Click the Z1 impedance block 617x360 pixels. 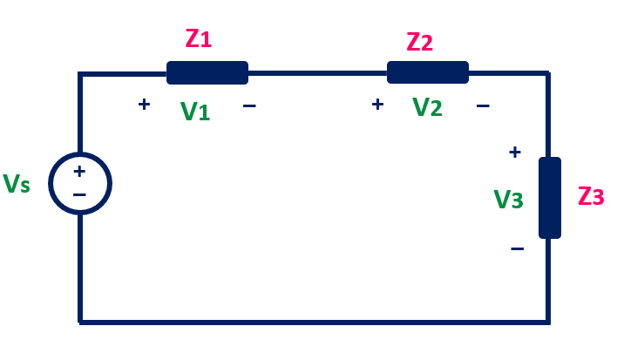coord(207,72)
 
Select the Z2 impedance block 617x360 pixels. coord(428,72)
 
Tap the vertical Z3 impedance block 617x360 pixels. coord(550,198)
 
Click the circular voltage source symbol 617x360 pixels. coord(80,183)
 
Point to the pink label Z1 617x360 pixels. coord(199,39)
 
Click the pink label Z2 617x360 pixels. coord(419,42)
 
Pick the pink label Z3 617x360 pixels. coord(591,196)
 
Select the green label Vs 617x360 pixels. coord(17,184)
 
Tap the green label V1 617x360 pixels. coord(195,111)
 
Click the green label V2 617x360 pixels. coord(427,107)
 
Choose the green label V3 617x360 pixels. coord(509,200)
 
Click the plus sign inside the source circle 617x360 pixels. coord(79,172)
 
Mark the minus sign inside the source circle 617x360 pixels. coord(79,194)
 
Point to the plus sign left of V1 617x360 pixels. coord(144,105)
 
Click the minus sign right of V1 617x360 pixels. coord(249,106)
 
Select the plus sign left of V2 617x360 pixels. coord(377,105)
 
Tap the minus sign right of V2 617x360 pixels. coord(483,106)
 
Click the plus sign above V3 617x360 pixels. coord(515,153)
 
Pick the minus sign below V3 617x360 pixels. coord(517,249)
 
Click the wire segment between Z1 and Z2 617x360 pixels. coord(317,73)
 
